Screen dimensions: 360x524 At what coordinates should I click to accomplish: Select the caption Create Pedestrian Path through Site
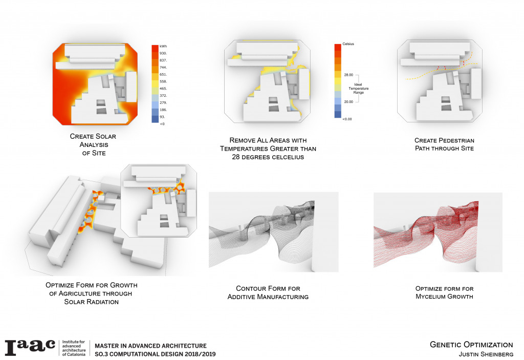(438, 144)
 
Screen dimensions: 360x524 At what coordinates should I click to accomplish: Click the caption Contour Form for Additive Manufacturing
(273, 292)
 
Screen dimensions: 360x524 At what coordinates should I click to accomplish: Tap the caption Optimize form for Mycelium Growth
(438, 292)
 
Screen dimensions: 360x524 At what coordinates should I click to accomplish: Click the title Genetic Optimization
(471, 345)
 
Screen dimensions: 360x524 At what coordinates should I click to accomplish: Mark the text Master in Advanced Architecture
(151, 346)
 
